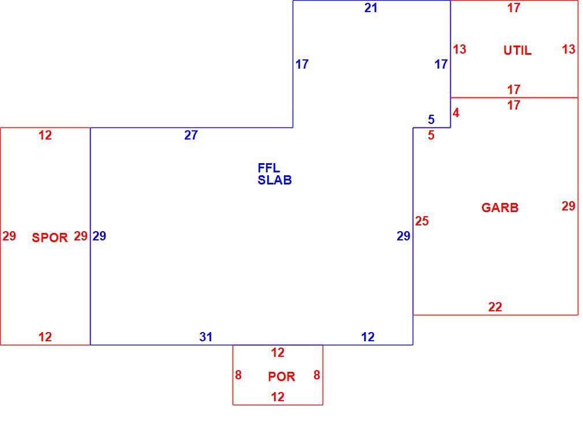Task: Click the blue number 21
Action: tap(371, 8)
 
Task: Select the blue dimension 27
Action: tap(190, 135)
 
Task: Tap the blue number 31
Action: tap(205, 337)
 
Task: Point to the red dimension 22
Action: tap(495, 307)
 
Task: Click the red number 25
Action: tap(422, 221)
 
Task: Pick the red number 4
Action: tap(456, 112)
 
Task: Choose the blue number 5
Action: tap(431, 119)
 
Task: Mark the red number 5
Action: tap(431, 135)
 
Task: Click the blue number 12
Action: tap(368, 337)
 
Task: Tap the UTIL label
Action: tap(517, 51)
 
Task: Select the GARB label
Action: tap(500, 208)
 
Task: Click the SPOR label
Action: tap(50, 238)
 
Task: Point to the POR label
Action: tap(282, 376)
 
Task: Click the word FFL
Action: tap(269, 168)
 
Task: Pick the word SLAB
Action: tap(275, 180)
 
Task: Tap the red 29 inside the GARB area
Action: tap(569, 206)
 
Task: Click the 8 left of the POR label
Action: tap(238, 375)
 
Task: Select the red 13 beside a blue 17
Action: tap(459, 49)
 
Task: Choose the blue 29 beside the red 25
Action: tap(403, 236)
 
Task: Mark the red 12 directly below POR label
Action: tap(278, 397)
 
